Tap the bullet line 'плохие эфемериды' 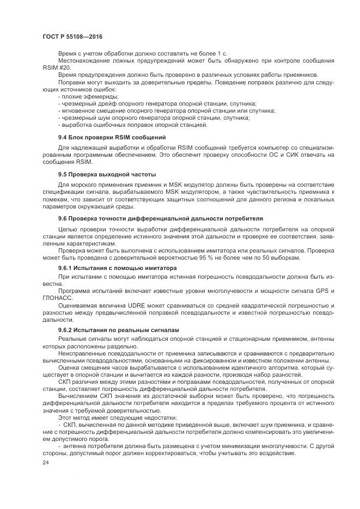click(x=81, y=96)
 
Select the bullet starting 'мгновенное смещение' click(x=163, y=111)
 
